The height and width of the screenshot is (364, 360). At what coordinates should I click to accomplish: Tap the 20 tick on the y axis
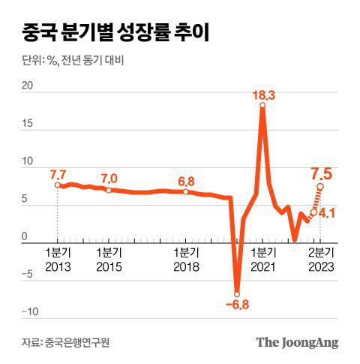[28, 86]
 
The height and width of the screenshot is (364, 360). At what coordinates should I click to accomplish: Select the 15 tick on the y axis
[28, 124]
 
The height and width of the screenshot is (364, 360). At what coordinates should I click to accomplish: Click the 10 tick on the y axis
[28, 161]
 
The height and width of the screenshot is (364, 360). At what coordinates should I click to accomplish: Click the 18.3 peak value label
[263, 95]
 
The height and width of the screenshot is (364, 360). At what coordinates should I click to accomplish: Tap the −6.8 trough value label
[238, 305]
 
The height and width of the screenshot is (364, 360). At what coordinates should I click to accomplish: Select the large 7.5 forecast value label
[323, 175]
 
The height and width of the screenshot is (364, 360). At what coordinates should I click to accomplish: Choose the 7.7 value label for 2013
[58, 174]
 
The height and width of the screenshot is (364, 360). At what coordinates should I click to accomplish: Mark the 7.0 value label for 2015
[109, 179]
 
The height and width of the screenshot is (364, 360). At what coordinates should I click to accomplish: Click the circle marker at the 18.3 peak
[263, 106]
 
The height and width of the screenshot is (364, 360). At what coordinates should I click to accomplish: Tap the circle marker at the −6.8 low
[237, 293]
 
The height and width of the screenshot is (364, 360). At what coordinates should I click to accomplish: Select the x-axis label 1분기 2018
[185, 260]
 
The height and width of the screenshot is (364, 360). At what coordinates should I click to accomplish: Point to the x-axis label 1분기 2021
[263, 260]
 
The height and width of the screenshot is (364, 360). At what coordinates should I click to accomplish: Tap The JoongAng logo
[297, 342]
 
